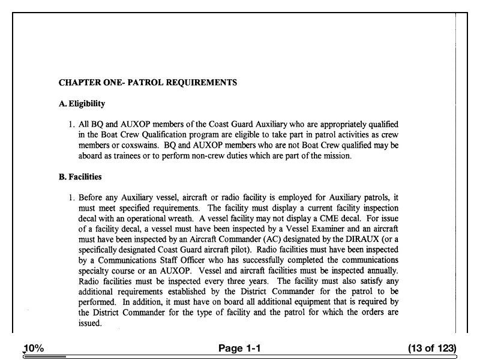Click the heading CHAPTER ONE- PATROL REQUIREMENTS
[148, 82]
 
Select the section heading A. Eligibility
[82, 104]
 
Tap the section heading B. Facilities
[80, 177]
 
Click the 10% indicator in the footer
[34, 349]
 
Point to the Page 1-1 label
[239, 349]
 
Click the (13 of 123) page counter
[431, 349]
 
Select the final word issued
[90, 323]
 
